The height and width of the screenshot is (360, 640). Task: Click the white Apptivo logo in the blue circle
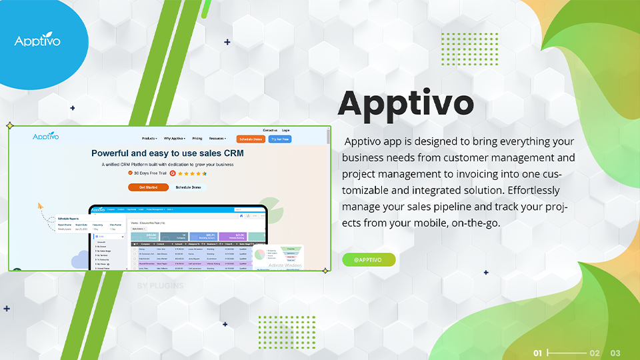coord(37,41)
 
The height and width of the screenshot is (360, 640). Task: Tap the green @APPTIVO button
coord(369,259)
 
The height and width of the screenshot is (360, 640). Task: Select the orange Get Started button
coord(148,187)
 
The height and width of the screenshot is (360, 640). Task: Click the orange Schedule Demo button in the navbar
coord(251,139)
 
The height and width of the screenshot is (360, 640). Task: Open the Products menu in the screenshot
coord(149,139)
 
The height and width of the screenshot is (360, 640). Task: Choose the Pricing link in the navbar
coord(197,139)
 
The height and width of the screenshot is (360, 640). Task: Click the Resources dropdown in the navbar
coord(217,139)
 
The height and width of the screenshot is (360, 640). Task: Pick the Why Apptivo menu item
coord(175,139)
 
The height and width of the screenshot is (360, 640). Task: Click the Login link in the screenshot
coord(286,131)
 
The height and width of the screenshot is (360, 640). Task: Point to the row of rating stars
coord(193,173)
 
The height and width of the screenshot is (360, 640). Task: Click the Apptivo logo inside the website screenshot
coord(46,137)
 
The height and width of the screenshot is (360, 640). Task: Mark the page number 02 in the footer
coord(595,353)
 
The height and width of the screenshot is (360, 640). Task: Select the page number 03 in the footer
coord(615,353)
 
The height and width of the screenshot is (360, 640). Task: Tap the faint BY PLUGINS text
coord(160,286)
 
